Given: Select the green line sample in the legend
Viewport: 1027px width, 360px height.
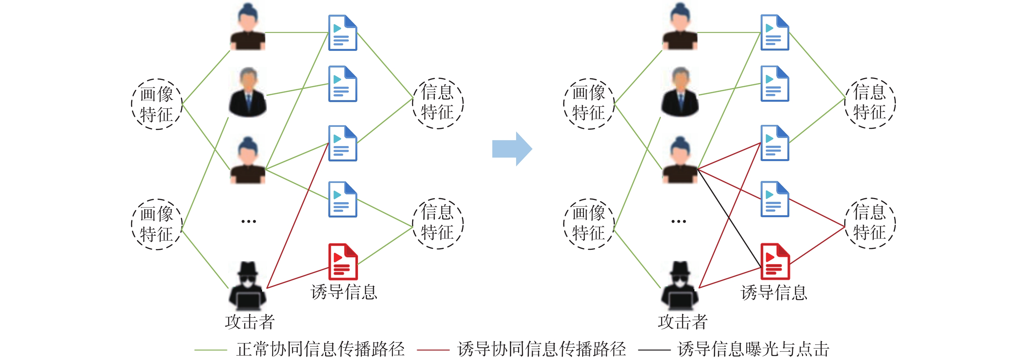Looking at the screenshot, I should (211, 350).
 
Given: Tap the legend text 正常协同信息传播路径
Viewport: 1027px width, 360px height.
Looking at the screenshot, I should (320, 349).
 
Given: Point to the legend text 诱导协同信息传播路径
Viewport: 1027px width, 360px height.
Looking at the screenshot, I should (542, 349).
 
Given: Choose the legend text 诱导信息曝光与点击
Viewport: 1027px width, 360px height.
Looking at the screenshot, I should (753, 349).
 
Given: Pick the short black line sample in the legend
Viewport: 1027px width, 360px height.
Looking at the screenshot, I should (654, 350).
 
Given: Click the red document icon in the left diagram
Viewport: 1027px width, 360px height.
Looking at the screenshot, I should (342, 262).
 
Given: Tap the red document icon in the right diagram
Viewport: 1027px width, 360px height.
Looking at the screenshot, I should (775, 262).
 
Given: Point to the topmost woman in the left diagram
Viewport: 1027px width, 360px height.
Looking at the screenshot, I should (247, 27).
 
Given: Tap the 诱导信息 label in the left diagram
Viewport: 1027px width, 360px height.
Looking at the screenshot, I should (344, 292).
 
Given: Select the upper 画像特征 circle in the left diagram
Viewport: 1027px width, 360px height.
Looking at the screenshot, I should (157, 104).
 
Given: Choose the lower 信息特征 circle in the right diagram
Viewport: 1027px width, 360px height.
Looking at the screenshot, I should (870, 223).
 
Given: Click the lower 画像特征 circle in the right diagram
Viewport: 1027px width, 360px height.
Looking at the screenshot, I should (589, 224).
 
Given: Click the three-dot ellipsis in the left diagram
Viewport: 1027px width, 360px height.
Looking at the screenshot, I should (248, 221).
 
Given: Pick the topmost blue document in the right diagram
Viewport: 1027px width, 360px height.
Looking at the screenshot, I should (775, 33).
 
